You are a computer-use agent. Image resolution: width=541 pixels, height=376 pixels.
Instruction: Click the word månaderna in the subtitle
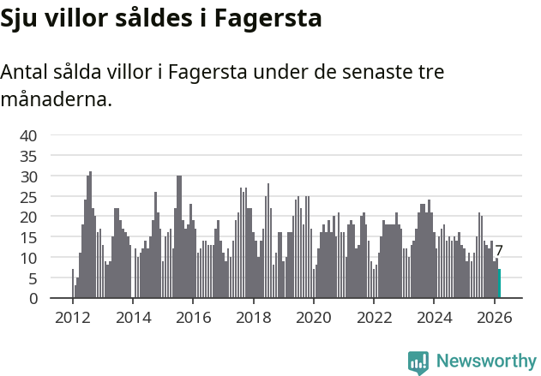point(56,100)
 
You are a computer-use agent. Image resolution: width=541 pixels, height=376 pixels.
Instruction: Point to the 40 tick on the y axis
point(28,135)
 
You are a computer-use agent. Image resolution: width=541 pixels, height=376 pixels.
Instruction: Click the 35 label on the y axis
point(28,156)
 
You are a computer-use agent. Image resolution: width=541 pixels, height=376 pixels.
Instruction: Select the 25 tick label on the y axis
point(28,196)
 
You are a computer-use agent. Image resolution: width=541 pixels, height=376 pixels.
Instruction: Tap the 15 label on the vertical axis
point(28,237)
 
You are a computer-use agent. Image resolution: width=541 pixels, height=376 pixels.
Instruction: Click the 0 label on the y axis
point(33,299)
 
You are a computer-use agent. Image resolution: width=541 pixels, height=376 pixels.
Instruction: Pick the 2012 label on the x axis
point(72,317)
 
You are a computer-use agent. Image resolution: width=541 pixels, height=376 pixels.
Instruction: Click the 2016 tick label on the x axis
point(193,317)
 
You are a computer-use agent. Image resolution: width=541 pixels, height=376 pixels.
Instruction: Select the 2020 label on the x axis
point(313,317)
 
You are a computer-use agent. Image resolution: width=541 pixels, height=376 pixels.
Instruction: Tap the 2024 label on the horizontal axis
point(434,317)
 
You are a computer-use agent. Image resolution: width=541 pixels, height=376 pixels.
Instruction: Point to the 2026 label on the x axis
point(494,317)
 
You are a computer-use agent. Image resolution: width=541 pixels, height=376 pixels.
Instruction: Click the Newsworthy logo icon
point(418,362)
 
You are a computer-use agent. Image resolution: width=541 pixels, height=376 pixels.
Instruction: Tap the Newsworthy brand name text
point(485,361)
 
